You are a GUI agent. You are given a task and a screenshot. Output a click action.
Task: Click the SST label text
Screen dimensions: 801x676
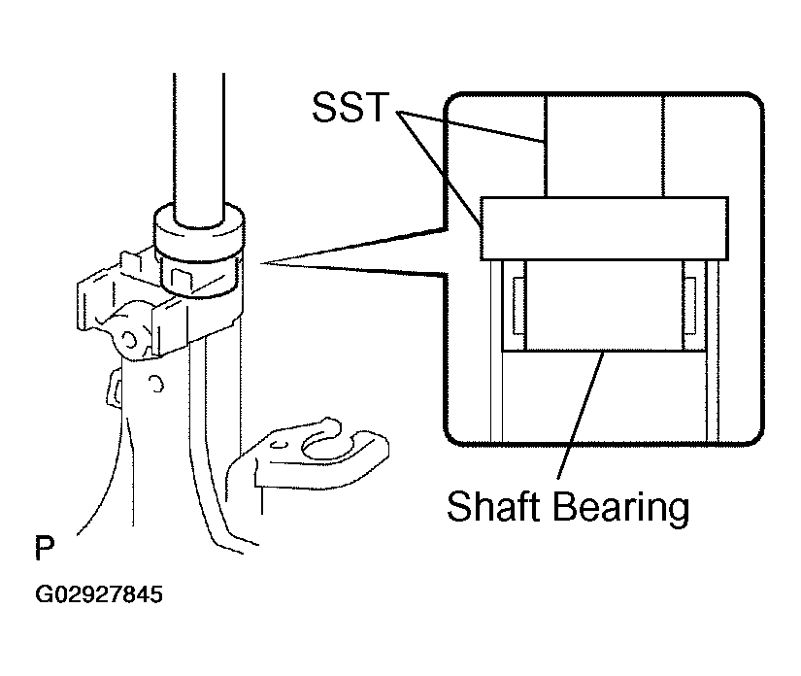pos(350,107)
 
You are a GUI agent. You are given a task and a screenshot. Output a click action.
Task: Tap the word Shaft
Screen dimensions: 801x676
pos(493,506)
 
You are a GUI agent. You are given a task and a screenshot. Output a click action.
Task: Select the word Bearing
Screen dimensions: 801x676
pos(620,508)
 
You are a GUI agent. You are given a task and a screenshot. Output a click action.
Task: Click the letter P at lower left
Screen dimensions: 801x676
pos(45,548)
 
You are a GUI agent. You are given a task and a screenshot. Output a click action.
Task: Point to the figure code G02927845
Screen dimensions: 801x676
pos(99,594)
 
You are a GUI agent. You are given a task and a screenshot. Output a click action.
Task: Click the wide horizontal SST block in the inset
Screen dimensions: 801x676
pos(604,228)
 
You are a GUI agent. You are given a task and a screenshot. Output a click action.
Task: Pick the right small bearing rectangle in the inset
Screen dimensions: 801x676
pos(689,307)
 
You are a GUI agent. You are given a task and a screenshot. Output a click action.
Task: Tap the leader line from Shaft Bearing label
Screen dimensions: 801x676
pos(582,415)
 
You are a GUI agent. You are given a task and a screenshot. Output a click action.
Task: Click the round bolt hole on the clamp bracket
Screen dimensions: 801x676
pos(129,340)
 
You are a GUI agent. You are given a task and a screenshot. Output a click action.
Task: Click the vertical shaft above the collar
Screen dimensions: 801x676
pos(199,149)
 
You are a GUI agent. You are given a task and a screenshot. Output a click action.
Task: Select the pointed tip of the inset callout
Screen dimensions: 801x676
pos(261,263)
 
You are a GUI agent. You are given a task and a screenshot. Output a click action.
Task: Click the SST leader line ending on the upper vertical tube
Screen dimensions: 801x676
pos(471,125)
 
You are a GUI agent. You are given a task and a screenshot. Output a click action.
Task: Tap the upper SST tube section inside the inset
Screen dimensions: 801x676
pos(604,147)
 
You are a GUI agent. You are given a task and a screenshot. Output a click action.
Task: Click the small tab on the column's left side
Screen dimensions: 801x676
pos(114,389)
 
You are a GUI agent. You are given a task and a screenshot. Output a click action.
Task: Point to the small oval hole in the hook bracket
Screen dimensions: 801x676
pos(279,444)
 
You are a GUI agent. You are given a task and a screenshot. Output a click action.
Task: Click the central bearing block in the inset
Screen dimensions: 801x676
pos(604,306)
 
